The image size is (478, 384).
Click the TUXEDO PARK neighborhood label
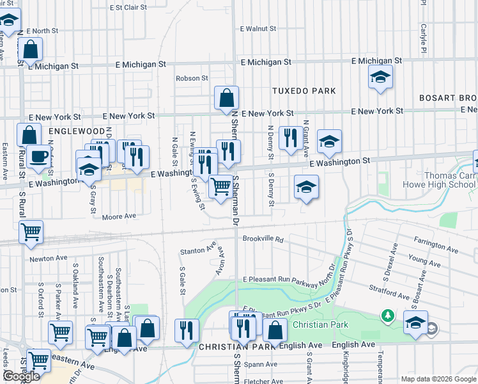pyautogui.click(x=304, y=91)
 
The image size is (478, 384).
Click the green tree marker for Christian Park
pyautogui.click(x=387, y=316)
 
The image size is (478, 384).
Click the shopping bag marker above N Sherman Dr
pyautogui.click(x=226, y=99)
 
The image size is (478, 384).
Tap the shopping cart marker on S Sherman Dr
pyautogui.click(x=220, y=187)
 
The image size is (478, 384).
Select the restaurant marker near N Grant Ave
pyautogui.click(x=291, y=137)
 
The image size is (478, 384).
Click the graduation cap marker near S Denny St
pyautogui.click(x=306, y=187)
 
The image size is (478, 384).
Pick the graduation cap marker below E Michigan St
pyautogui.click(x=380, y=77)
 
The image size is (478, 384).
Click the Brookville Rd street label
pyautogui.click(x=262, y=238)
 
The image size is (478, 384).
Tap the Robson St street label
pyautogui.click(x=192, y=78)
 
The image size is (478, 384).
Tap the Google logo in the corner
pyautogui.click(x=22, y=376)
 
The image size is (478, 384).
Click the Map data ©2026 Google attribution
pyautogui.click(x=438, y=379)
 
